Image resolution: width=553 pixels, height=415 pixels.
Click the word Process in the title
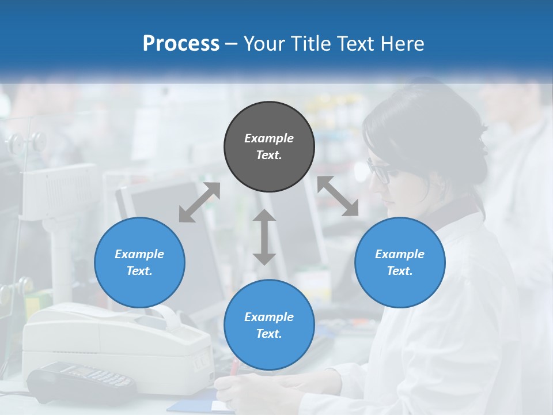[x=181, y=44]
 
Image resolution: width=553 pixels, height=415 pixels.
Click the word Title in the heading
[x=311, y=44]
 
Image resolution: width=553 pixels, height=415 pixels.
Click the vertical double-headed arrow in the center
[x=264, y=237]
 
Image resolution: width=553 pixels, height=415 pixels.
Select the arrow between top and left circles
[x=199, y=202]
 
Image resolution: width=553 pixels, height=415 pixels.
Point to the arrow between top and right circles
[x=338, y=196]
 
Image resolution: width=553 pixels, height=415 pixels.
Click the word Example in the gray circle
[x=269, y=138]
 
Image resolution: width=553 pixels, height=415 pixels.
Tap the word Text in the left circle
[x=139, y=271]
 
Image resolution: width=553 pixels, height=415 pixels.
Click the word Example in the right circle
[x=400, y=254]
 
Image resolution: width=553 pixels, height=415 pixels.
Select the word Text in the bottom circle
[x=269, y=334]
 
